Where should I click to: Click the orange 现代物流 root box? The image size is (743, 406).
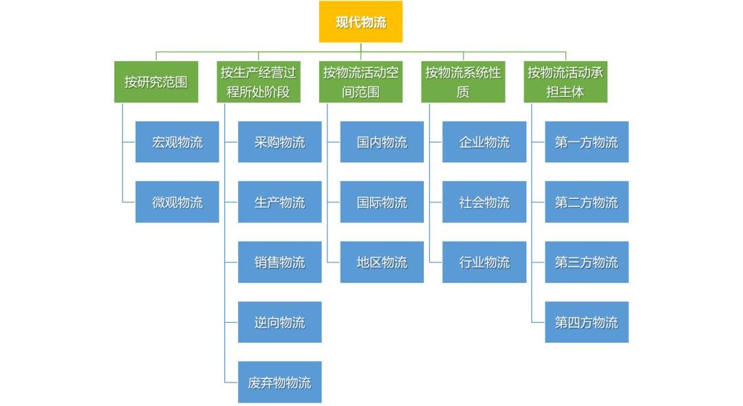tap(360, 22)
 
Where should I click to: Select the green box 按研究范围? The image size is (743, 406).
tap(156, 82)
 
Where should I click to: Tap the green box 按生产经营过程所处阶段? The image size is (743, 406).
tap(259, 82)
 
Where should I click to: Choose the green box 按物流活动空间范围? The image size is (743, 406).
tap(361, 82)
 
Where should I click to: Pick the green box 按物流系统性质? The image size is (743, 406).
tap(463, 82)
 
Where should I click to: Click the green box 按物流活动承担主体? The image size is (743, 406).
tap(566, 82)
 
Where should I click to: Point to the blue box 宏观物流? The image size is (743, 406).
tap(177, 142)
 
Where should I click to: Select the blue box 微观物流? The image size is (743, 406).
tap(177, 202)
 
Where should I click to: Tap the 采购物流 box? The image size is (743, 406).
tap(279, 142)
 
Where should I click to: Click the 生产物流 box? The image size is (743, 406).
tap(279, 202)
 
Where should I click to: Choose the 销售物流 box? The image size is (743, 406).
tap(279, 261)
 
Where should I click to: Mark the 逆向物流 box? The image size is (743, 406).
tap(279, 322)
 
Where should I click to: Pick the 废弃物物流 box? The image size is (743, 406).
tap(279, 382)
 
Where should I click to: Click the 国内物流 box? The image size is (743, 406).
tap(382, 142)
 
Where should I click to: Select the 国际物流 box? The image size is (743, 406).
tap(382, 202)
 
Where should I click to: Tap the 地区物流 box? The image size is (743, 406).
tap(382, 261)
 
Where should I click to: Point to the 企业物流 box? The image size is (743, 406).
tap(484, 142)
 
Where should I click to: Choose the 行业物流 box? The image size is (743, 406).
tap(484, 261)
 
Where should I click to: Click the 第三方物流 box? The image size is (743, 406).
tap(587, 261)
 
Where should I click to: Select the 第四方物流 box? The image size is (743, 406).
tap(587, 322)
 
